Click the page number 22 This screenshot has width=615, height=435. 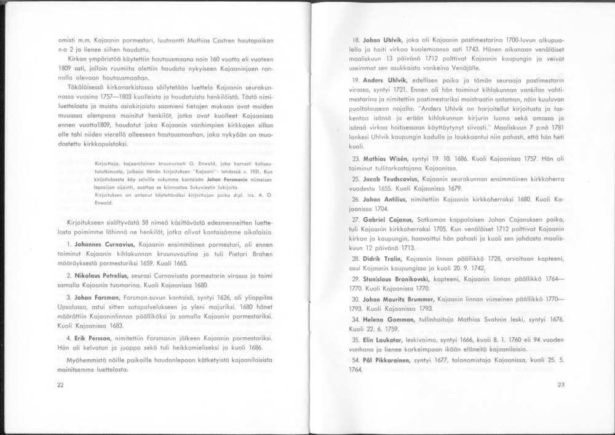[60, 385]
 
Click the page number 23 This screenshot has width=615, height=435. [560, 385]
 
